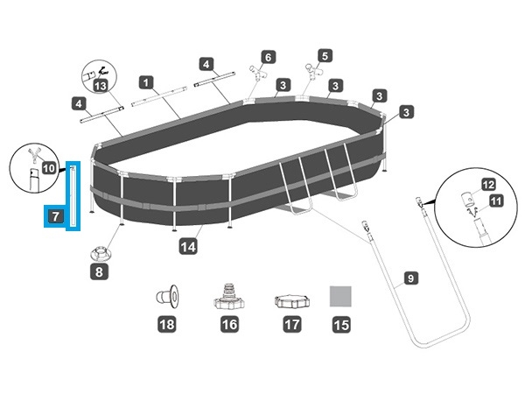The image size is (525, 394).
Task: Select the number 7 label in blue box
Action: click(55, 215)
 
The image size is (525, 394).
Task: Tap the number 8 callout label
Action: click(99, 272)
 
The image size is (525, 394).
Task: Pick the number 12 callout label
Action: click(489, 185)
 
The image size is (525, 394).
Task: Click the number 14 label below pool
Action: click(187, 247)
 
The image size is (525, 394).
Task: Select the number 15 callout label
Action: click(339, 325)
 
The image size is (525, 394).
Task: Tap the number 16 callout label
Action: click(229, 325)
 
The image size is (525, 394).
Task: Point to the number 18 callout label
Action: click(165, 325)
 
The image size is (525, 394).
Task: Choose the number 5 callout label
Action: click(325, 55)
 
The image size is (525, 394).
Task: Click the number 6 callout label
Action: click(268, 57)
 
